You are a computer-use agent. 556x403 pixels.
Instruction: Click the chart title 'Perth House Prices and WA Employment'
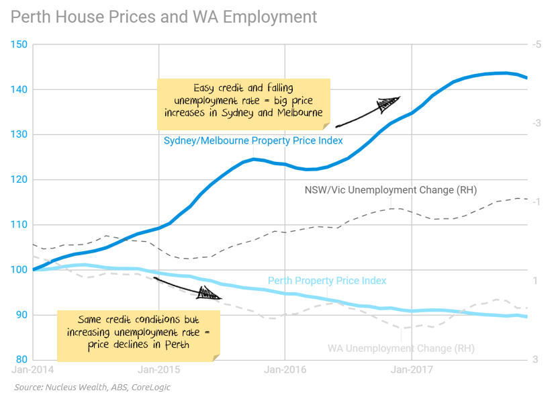point(164,15)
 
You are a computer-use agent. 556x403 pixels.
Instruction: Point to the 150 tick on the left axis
point(19,45)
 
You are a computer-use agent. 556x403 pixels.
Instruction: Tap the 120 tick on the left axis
point(19,180)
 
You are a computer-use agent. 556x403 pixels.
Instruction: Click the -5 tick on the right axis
point(536,45)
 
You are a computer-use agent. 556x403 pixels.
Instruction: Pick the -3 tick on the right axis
point(536,124)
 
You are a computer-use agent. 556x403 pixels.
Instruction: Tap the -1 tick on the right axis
point(536,203)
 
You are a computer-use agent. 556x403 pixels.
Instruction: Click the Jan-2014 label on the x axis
point(33,369)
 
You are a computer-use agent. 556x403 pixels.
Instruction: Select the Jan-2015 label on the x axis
point(158,369)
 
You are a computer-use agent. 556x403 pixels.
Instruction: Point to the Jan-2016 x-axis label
point(285,369)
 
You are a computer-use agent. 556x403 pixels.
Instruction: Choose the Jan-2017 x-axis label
point(412,369)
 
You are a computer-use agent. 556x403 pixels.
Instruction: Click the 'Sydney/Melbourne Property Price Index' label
point(253,141)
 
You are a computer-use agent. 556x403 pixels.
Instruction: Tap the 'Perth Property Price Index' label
point(327,281)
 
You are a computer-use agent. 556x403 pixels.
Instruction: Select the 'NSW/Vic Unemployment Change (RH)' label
point(391,190)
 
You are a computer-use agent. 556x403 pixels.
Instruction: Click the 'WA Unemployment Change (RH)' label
point(401,349)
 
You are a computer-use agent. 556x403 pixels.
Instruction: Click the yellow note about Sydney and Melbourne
point(244,103)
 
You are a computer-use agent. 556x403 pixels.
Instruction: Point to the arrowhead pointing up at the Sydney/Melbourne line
point(388,103)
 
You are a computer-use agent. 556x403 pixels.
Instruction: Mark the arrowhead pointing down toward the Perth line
point(210,294)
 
